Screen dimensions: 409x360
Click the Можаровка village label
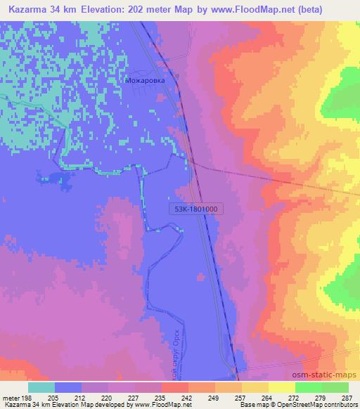(x=146, y=81)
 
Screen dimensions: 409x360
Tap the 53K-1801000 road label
(x=193, y=209)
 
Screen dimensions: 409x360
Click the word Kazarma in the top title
(x=28, y=8)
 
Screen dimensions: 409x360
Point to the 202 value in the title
(x=146, y=8)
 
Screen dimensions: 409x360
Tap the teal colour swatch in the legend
(x=41, y=387)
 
